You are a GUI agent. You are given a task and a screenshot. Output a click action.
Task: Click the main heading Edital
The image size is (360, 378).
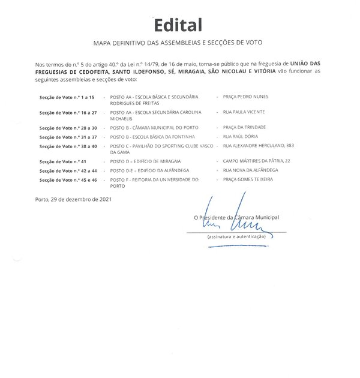click(x=178, y=25)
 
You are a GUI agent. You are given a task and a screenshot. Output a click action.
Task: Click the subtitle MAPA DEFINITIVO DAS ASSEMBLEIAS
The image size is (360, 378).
click(x=178, y=43)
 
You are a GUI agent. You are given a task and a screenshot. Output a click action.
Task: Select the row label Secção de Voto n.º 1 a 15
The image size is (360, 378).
click(x=63, y=97)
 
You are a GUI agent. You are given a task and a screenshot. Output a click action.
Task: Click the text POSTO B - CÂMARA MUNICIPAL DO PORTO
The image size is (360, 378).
click(x=153, y=128)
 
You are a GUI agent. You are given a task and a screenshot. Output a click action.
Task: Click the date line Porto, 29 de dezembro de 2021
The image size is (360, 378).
click(x=73, y=199)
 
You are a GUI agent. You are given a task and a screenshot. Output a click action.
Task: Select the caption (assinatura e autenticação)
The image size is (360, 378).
click(x=236, y=237)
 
